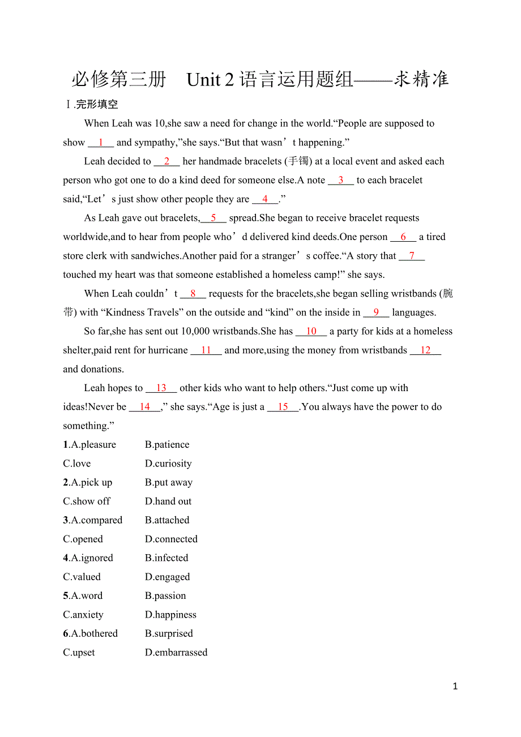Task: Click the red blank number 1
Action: click(x=101, y=143)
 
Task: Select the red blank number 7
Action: click(x=412, y=256)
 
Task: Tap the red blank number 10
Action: click(x=311, y=332)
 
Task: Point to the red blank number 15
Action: click(x=283, y=407)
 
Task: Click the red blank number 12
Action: click(x=425, y=350)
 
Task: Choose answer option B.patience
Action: click(x=167, y=445)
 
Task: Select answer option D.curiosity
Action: click(x=168, y=464)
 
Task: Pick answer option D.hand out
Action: click(x=168, y=502)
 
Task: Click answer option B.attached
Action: click(x=167, y=520)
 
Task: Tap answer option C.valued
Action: click(x=82, y=577)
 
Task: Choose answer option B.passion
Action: click(x=165, y=596)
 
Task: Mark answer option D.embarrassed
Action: click(x=176, y=653)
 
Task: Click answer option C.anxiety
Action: click(x=83, y=615)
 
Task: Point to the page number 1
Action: click(x=455, y=687)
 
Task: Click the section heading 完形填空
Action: click(x=97, y=105)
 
